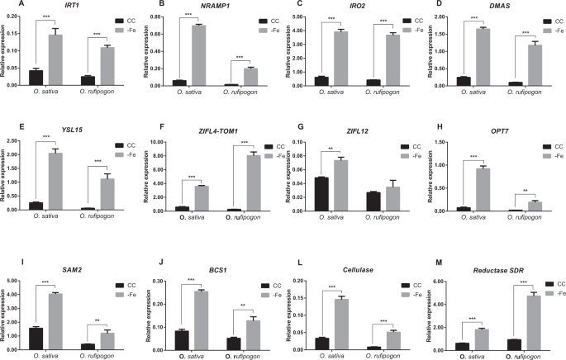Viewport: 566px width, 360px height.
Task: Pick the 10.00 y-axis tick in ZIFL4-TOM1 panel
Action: tap(167, 142)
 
